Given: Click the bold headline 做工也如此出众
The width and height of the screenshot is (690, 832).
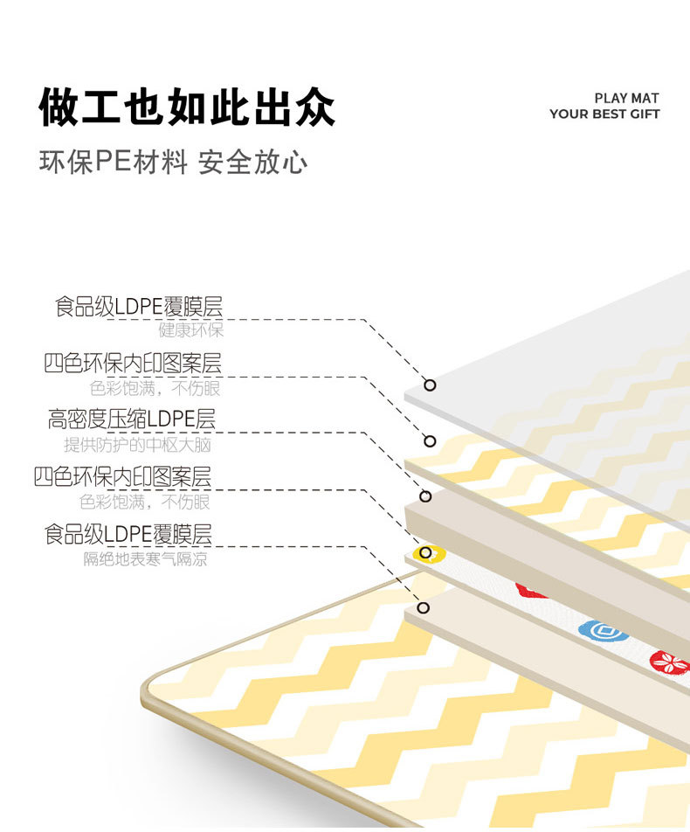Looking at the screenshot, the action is [x=187, y=107].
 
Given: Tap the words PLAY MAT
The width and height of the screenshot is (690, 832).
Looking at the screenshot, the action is [x=626, y=98].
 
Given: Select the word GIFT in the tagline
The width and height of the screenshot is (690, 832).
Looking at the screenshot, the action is [x=645, y=114].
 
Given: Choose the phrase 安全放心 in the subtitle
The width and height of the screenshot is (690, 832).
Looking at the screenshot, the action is [x=252, y=162].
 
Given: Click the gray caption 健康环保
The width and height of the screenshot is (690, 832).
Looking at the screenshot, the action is [x=191, y=330].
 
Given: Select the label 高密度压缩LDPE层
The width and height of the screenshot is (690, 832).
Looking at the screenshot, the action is [x=132, y=419].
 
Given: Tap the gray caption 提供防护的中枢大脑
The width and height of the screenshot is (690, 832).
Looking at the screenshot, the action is [x=137, y=445].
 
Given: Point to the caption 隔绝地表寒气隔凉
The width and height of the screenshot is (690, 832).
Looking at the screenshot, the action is [x=145, y=558].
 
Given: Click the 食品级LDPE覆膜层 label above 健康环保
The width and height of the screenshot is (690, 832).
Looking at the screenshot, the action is [x=138, y=308].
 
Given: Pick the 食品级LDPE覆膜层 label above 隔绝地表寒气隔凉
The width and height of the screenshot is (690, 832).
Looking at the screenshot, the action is [x=128, y=534].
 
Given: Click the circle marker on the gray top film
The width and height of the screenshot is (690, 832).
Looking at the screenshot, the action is [x=430, y=385].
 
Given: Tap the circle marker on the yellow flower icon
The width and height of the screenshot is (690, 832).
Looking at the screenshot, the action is [x=425, y=553].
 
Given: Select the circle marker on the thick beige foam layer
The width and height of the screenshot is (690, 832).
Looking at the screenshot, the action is [x=425, y=496].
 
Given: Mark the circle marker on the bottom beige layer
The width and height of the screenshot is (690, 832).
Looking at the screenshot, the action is [x=423, y=607].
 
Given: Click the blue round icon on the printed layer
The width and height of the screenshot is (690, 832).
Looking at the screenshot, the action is [x=603, y=631].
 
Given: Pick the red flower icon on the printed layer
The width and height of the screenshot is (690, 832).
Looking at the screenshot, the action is [x=670, y=662].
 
